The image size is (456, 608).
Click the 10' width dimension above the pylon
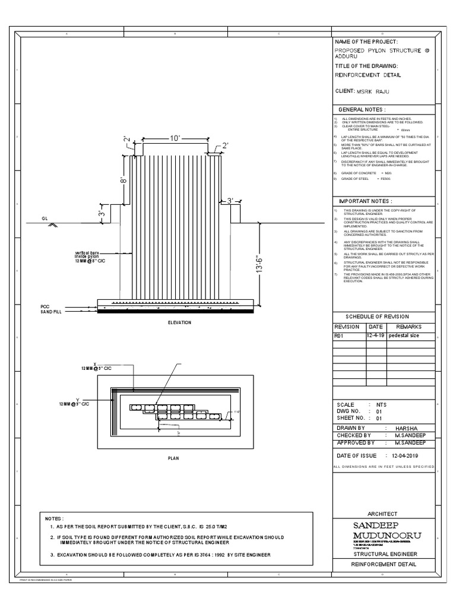click(175, 138)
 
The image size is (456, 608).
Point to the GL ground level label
click(45, 218)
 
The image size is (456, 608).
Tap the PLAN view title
click(173, 458)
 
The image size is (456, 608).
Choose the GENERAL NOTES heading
click(362, 110)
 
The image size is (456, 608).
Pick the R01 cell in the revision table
click(340, 335)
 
